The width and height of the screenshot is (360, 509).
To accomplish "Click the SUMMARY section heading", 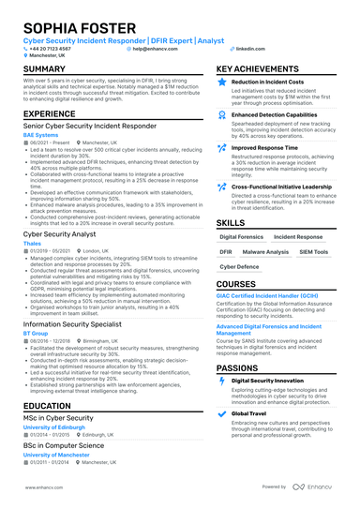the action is pyautogui.click(x=44, y=69).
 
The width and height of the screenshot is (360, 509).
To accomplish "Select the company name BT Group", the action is pyautogui.click(x=36, y=333).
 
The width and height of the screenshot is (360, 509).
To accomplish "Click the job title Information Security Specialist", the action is pyautogui.click(x=68, y=324).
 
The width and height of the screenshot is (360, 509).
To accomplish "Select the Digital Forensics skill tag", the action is pyautogui.click(x=241, y=237).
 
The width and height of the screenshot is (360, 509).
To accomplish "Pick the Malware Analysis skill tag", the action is pyautogui.click(x=265, y=252).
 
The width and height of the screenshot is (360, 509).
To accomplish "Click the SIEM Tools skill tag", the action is pyautogui.click(x=313, y=252).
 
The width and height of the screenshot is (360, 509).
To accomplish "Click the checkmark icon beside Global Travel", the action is pyautogui.click(x=222, y=412).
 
